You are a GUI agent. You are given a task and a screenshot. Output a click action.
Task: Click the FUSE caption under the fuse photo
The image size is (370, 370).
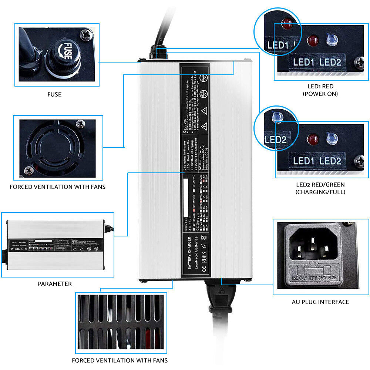(x=54, y=94)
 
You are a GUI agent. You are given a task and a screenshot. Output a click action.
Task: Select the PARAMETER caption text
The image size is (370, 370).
(x=55, y=284)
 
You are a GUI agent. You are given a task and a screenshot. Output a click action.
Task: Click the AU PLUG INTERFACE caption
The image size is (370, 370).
(x=320, y=302)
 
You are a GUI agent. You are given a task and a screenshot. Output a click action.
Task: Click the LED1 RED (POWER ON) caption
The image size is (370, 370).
(x=320, y=90)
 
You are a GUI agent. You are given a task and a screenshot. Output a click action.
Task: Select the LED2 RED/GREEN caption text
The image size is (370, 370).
(x=320, y=188)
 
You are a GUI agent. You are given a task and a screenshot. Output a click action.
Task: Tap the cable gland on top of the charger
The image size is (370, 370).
(x=157, y=54)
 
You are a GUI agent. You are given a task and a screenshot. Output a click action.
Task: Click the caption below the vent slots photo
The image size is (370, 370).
(x=120, y=360)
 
